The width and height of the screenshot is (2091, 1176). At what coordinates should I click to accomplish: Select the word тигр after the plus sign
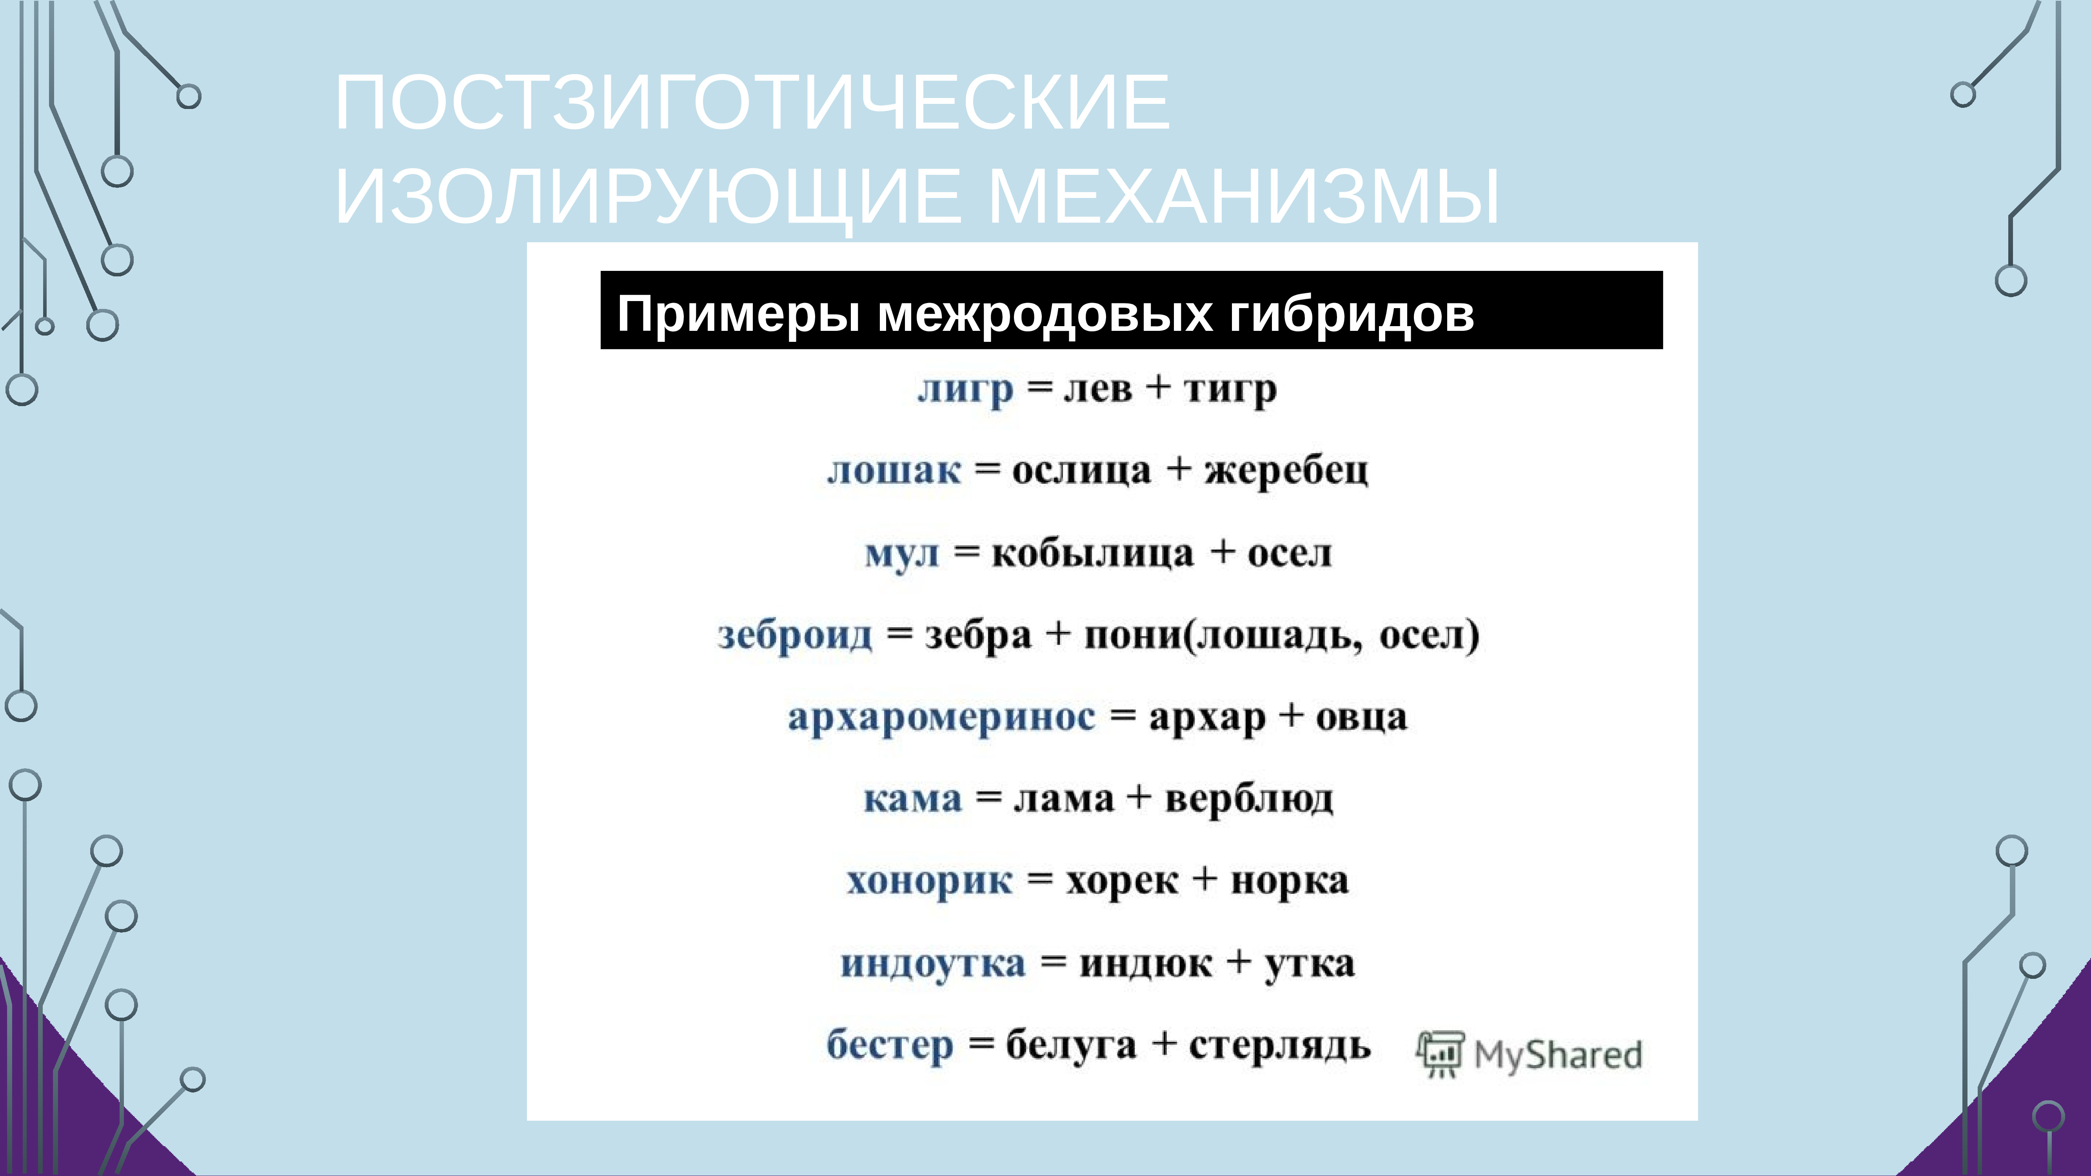(x=1230, y=390)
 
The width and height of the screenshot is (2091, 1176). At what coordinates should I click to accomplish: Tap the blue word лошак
(x=894, y=471)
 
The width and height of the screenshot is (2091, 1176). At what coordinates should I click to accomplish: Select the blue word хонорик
(x=929, y=881)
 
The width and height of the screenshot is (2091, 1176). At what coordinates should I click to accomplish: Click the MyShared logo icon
(x=1440, y=1054)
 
